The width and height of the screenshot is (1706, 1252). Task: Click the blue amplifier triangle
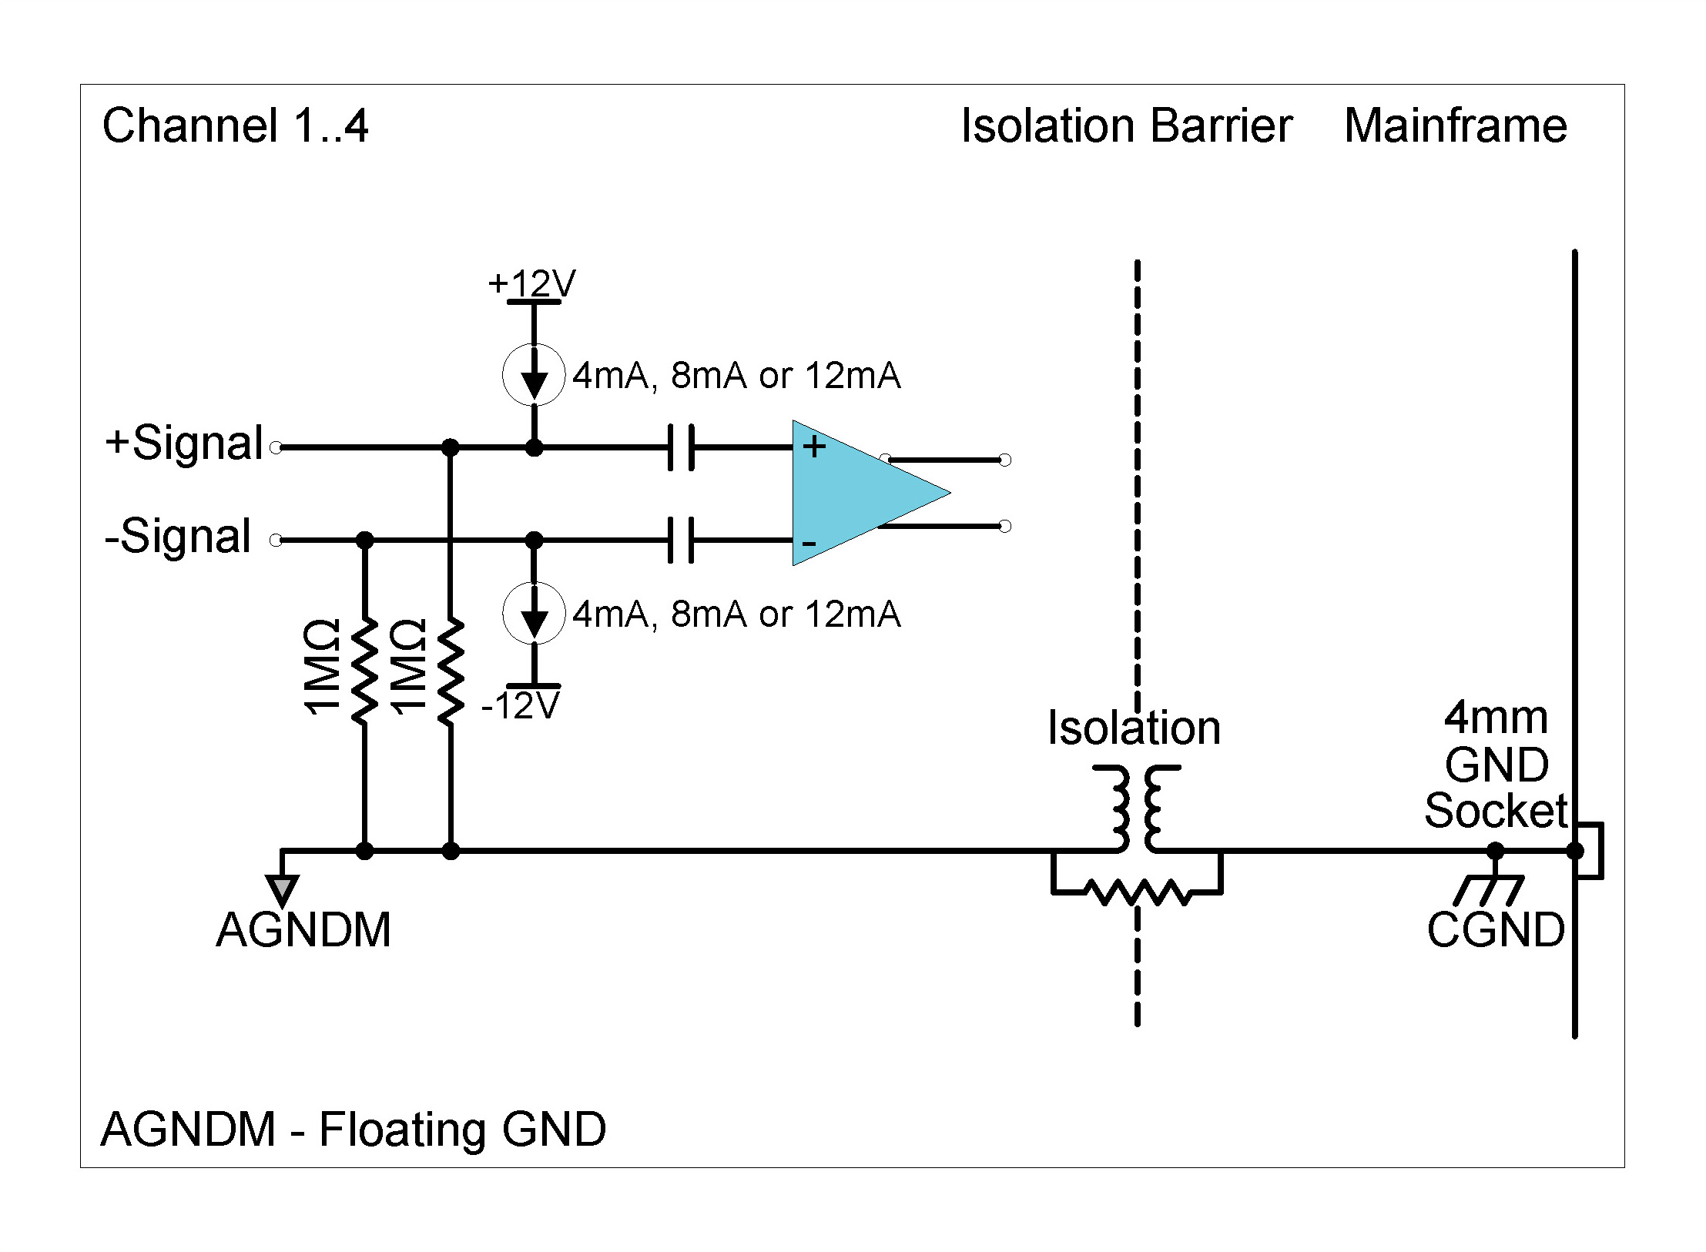pos(855,493)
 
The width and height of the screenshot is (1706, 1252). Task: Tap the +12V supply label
pos(531,283)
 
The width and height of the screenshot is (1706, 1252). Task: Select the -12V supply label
pos(521,705)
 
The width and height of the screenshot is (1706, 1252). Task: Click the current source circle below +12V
pos(534,375)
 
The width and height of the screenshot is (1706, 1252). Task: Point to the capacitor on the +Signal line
pos(681,447)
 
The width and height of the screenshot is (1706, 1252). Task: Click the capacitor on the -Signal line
pos(681,540)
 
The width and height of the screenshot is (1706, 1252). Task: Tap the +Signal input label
pos(185,444)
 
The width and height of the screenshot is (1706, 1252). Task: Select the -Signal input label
pos(178,536)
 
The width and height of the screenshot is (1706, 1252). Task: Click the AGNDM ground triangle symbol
pos(283,890)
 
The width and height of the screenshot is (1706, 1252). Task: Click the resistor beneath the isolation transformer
pos(1137,892)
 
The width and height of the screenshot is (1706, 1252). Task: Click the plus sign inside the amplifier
pos(814,447)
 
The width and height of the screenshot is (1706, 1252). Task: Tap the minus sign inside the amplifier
pos(809,543)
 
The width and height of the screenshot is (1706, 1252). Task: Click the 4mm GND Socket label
pos(1495,764)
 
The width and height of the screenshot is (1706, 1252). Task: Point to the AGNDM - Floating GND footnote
pos(353,1130)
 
